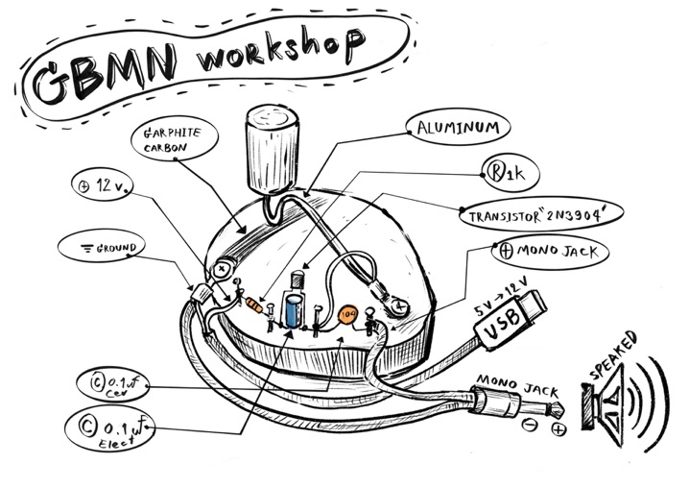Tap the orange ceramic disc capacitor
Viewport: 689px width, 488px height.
click(x=348, y=314)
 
